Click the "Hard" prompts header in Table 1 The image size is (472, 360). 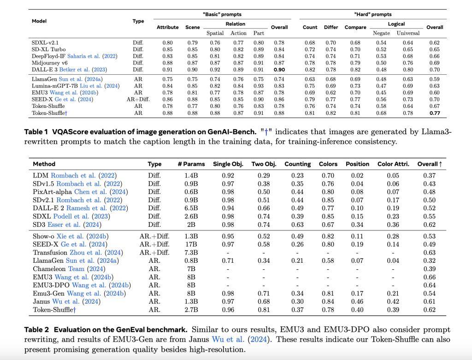coord(372,14)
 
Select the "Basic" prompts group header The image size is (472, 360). coord(222,14)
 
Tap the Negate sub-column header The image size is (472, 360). coord(381,33)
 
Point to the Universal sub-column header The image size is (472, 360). coord(408,33)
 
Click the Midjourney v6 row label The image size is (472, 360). coord(50,63)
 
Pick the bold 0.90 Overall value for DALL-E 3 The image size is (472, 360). coord(279,70)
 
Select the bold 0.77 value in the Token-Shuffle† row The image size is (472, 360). coord(434,113)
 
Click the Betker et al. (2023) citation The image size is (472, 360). coord(83,70)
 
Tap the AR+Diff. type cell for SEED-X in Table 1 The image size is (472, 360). coord(138,99)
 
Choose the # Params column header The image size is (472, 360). coord(191,164)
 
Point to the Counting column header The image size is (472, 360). coord(297,164)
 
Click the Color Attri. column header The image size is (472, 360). coord(393,164)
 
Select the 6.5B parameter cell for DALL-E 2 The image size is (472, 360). coord(191,208)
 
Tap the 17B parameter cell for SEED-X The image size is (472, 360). coord(191,244)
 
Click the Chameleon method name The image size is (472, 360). coord(49,269)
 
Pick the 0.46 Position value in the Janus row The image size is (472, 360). coord(357,301)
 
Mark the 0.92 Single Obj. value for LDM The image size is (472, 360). coord(228,176)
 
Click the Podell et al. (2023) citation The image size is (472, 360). coord(82,217)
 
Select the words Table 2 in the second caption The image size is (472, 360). coord(36,330)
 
